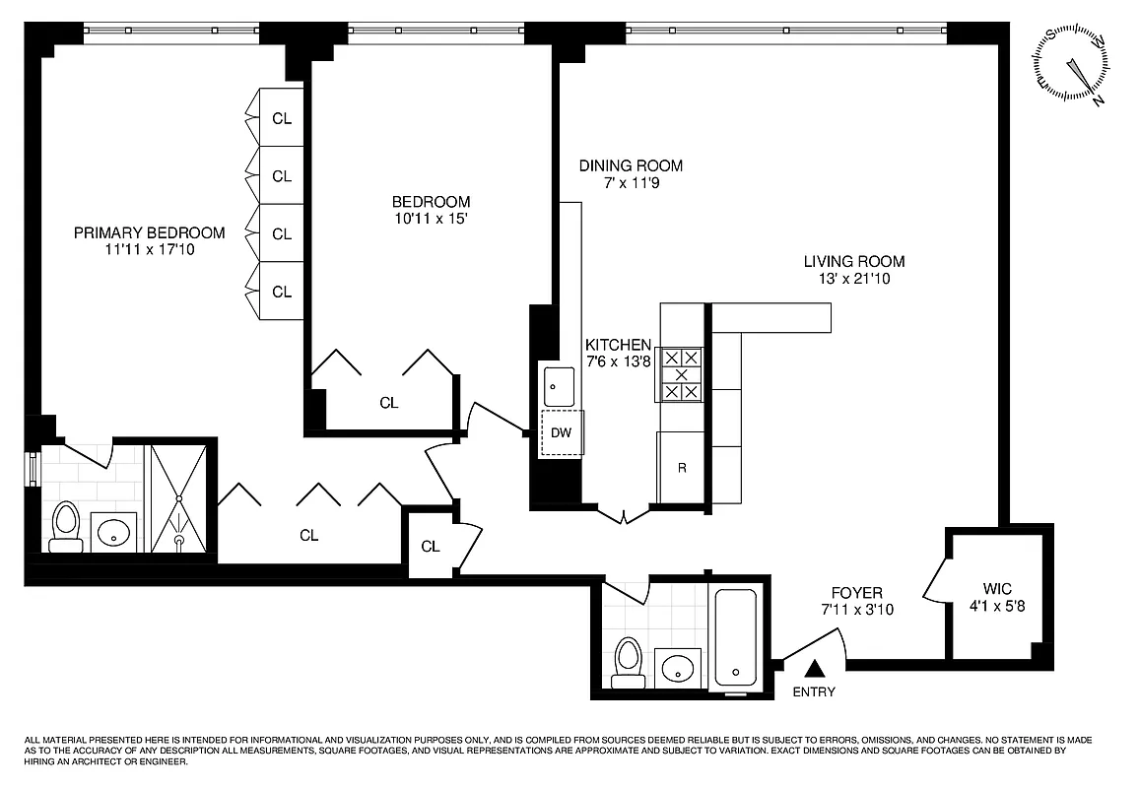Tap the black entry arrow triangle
point(814,669)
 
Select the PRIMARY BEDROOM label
point(150,233)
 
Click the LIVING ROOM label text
point(853,262)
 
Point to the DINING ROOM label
point(631,165)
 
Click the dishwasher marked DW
point(561,432)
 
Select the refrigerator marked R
point(681,468)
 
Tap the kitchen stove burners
point(681,375)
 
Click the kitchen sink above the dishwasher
point(561,383)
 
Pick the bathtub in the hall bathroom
point(735,637)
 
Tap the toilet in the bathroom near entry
point(628,663)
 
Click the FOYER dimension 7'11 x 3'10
point(857,610)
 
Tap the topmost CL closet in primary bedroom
point(282,118)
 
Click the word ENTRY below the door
point(814,691)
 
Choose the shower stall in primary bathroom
point(177,498)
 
